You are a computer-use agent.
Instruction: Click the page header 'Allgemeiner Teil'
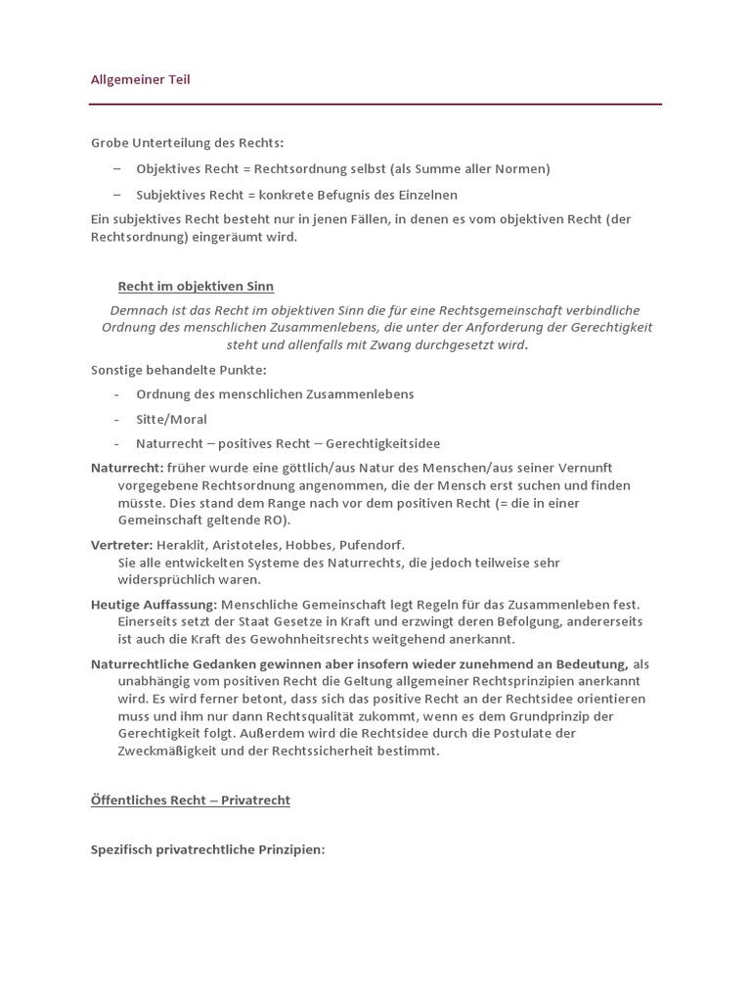pyautogui.click(x=140, y=79)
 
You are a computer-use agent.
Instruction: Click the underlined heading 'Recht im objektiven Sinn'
pyautogui.click(x=196, y=286)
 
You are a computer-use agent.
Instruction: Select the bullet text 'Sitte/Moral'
pyautogui.click(x=171, y=419)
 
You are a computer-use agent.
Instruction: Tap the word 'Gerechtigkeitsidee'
pyautogui.click(x=383, y=443)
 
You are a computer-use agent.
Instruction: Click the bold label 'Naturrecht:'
pyautogui.click(x=127, y=468)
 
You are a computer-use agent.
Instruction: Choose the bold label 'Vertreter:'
pyautogui.click(x=121, y=544)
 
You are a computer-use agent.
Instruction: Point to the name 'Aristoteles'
pyautogui.click(x=249, y=544)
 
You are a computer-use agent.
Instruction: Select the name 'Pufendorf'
pyautogui.click(x=371, y=544)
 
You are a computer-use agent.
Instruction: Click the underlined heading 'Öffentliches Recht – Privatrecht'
pyautogui.click(x=191, y=800)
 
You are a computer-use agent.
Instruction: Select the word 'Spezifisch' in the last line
pyautogui.click(x=122, y=849)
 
